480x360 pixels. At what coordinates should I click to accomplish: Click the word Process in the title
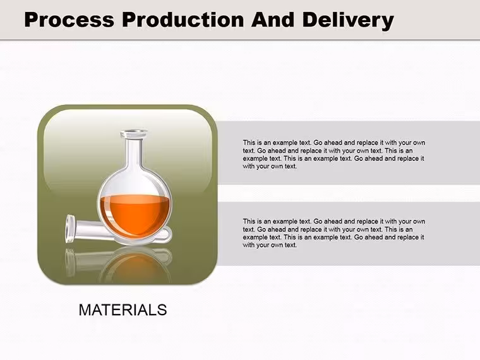tap(69, 20)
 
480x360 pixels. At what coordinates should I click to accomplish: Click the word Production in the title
tap(183, 20)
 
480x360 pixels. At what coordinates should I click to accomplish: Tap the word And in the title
tap(273, 20)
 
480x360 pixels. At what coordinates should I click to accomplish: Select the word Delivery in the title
tap(348, 21)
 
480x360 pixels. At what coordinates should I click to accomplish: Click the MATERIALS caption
tap(123, 310)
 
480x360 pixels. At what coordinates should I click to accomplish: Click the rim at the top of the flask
tap(134, 133)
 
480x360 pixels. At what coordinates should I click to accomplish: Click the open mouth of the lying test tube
tap(70, 229)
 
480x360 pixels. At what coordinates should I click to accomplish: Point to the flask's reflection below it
tap(135, 265)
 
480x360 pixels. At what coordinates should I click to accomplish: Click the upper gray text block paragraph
tap(334, 154)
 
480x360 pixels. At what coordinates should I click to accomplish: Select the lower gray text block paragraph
tap(334, 233)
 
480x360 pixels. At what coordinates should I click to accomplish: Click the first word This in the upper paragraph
tap(249, 143)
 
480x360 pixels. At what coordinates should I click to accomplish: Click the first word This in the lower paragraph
tap(249, 221)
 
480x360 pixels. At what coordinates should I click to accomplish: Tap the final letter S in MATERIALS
tap(162, 310)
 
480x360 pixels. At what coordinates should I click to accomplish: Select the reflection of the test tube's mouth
tap(70, 262)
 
